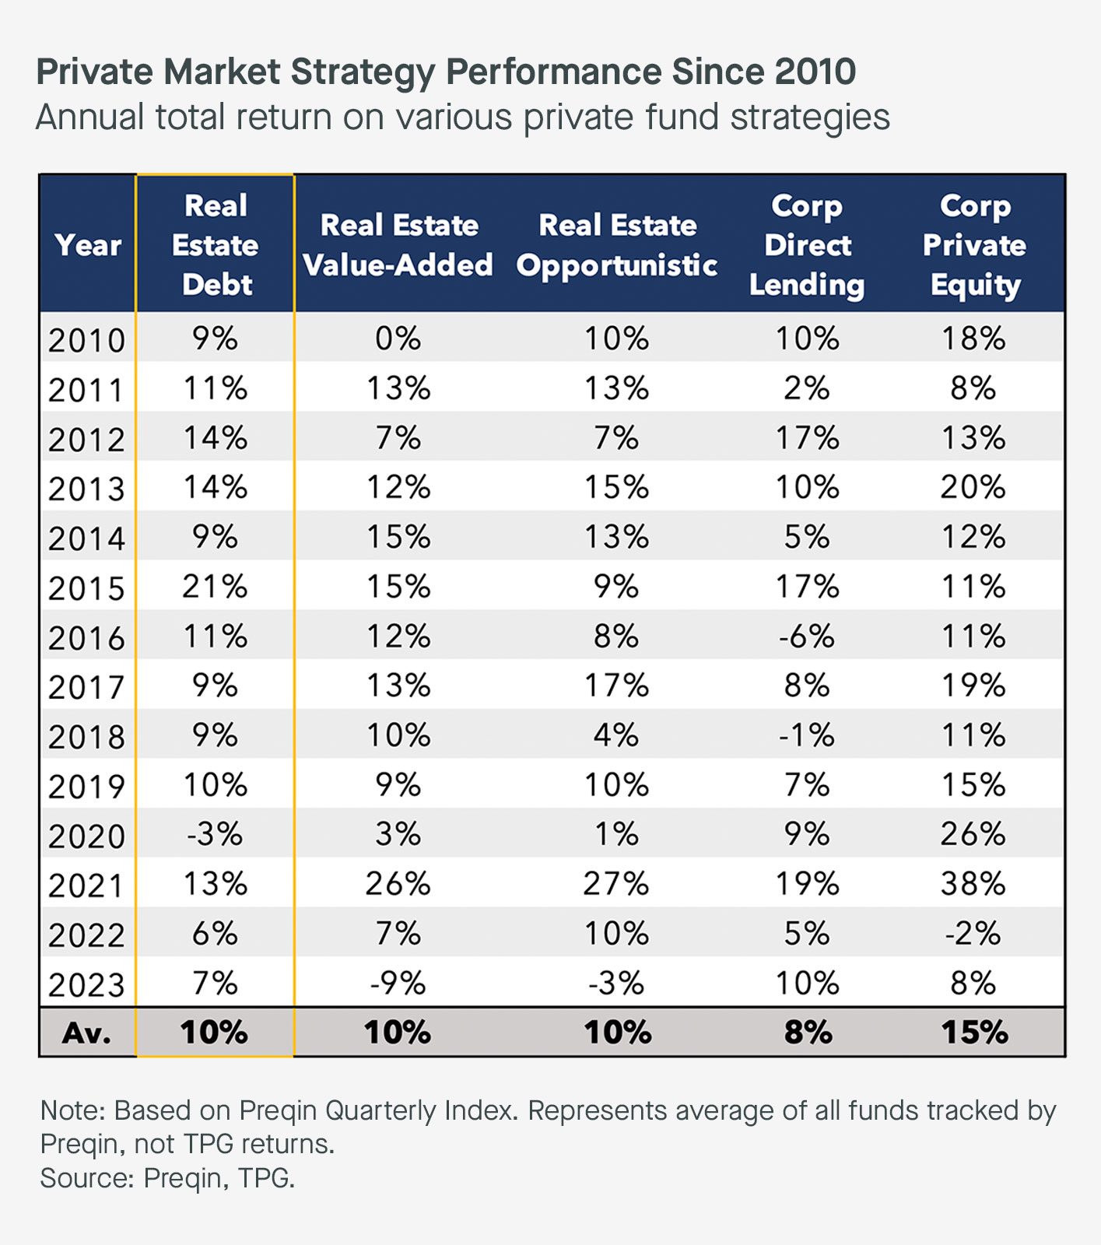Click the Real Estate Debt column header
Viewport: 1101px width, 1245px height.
tap(216, 244)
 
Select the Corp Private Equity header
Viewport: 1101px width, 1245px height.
tap(974, 244)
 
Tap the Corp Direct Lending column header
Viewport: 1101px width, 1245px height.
tap(807, 244)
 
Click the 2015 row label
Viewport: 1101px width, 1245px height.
tap(86, 588)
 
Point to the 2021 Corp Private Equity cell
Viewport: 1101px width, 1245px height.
tap(973, 884)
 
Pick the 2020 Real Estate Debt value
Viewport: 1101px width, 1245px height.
tap(215, 834)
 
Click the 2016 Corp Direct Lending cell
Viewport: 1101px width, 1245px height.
tap(807, 637)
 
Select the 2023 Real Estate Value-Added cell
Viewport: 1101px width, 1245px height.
tap(398, 984)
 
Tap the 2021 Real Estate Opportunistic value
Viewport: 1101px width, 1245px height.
tap(616, 884)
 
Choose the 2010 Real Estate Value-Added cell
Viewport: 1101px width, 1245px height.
tap(398, 338)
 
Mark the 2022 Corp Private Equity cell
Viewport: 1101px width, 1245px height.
tap(973, 934)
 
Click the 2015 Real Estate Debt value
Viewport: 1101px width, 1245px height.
tap(215, 587)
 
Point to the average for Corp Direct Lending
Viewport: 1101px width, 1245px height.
tap(808, 1033)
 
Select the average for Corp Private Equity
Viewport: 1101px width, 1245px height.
tap(974, 1033)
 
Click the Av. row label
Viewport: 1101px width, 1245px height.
tap(86, 1033)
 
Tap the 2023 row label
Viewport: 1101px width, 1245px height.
tap(86, 985)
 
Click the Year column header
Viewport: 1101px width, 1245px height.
tap(88, 245)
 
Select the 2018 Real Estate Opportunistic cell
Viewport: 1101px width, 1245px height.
tap(616, 735)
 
